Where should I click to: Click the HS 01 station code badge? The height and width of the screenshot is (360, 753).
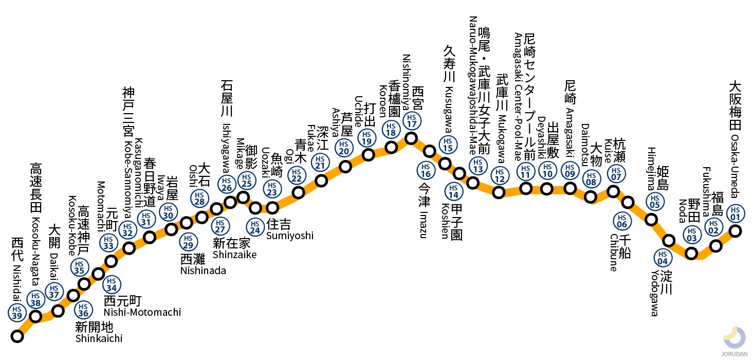tap(736, 212)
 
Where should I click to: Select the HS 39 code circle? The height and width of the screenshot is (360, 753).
tap(15, 313)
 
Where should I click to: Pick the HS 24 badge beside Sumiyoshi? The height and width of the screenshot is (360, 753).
tap(254, 225)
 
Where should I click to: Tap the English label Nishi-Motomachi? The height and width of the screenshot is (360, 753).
tap(142, 312)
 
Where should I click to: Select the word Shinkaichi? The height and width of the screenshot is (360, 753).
tap(99, 338)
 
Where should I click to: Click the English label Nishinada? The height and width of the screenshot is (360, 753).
tap(203, 271)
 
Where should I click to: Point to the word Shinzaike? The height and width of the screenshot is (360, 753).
tap(234, 254)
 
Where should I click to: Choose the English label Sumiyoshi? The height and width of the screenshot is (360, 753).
tap(289, 236)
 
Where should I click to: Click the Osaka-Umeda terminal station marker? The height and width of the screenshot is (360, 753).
tap(736, 231)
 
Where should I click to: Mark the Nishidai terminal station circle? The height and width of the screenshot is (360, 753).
tap(17, 337)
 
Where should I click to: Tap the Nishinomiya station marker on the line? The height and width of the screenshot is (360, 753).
tap(411, 138)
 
